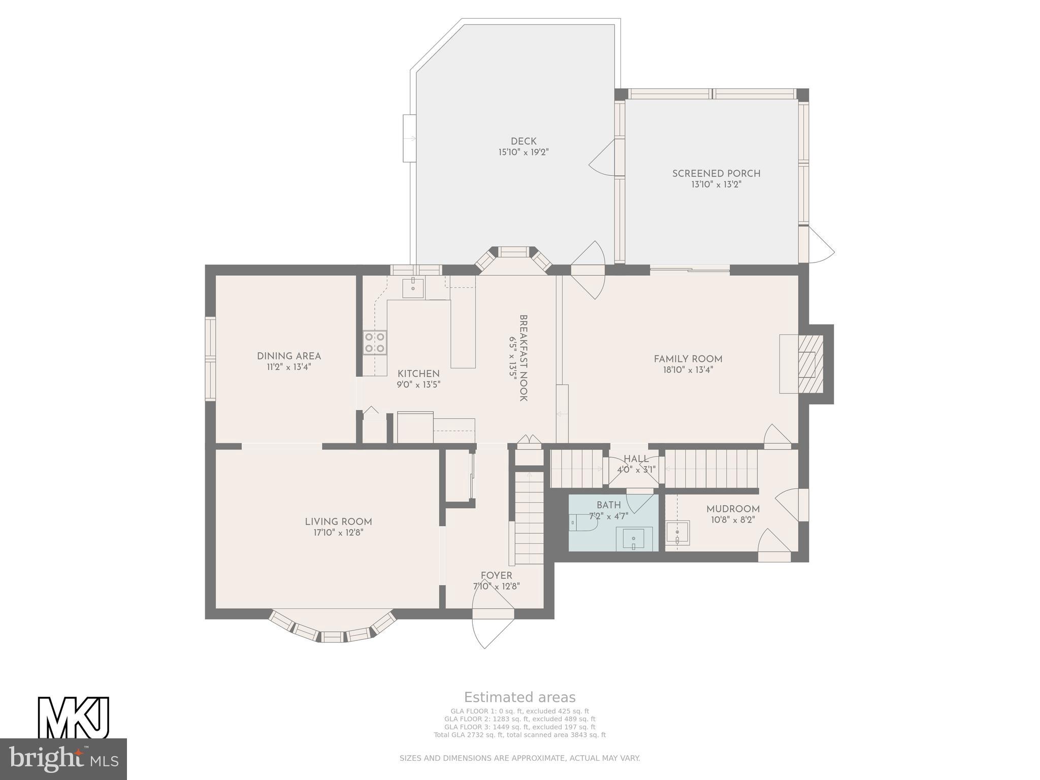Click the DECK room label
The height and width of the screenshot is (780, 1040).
(524, 141)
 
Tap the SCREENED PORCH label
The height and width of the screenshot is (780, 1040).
(716, 174)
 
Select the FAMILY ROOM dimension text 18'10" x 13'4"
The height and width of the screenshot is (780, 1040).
(688, 370)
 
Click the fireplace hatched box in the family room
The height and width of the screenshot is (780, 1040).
(807, 364)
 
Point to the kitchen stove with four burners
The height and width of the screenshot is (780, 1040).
(375, 342)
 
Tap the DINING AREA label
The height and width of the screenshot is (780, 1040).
(289, 356)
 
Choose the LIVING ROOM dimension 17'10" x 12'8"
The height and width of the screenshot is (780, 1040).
(338, 533)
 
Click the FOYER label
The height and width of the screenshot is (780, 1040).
(497, 575)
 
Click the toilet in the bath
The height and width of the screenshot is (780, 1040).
(580, 523)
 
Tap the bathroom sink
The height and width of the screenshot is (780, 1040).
(634, 539)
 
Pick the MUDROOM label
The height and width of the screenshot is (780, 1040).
(733, 509)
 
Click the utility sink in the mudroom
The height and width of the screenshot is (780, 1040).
(677, 533)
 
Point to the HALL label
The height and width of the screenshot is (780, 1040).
(636, 459)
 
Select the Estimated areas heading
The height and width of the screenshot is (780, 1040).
(520, 697)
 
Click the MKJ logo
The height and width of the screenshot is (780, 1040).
(74, 718)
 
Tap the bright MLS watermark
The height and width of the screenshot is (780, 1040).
(63, 759)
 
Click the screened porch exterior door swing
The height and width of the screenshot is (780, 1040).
(819, 245)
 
